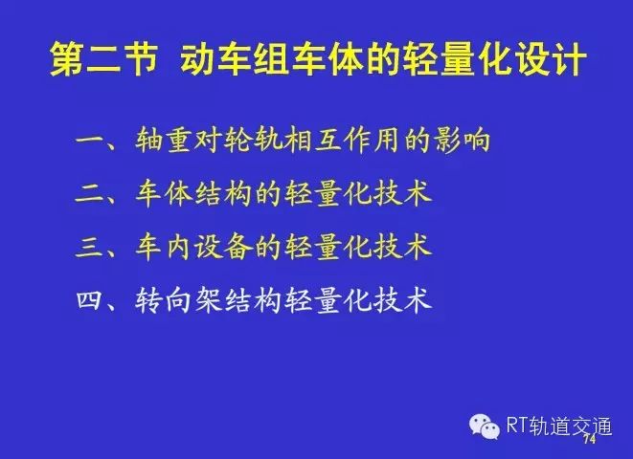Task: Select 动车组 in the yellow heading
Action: click(235, 59)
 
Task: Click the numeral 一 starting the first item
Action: click(90, 141)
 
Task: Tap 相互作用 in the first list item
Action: click(342, 140)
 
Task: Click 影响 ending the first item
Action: click(462, 140)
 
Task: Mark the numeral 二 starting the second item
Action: click(90, 195)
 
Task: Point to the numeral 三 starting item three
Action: click(90, 248)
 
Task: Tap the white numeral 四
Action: click(89, 300)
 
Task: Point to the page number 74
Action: click(590, 439)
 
